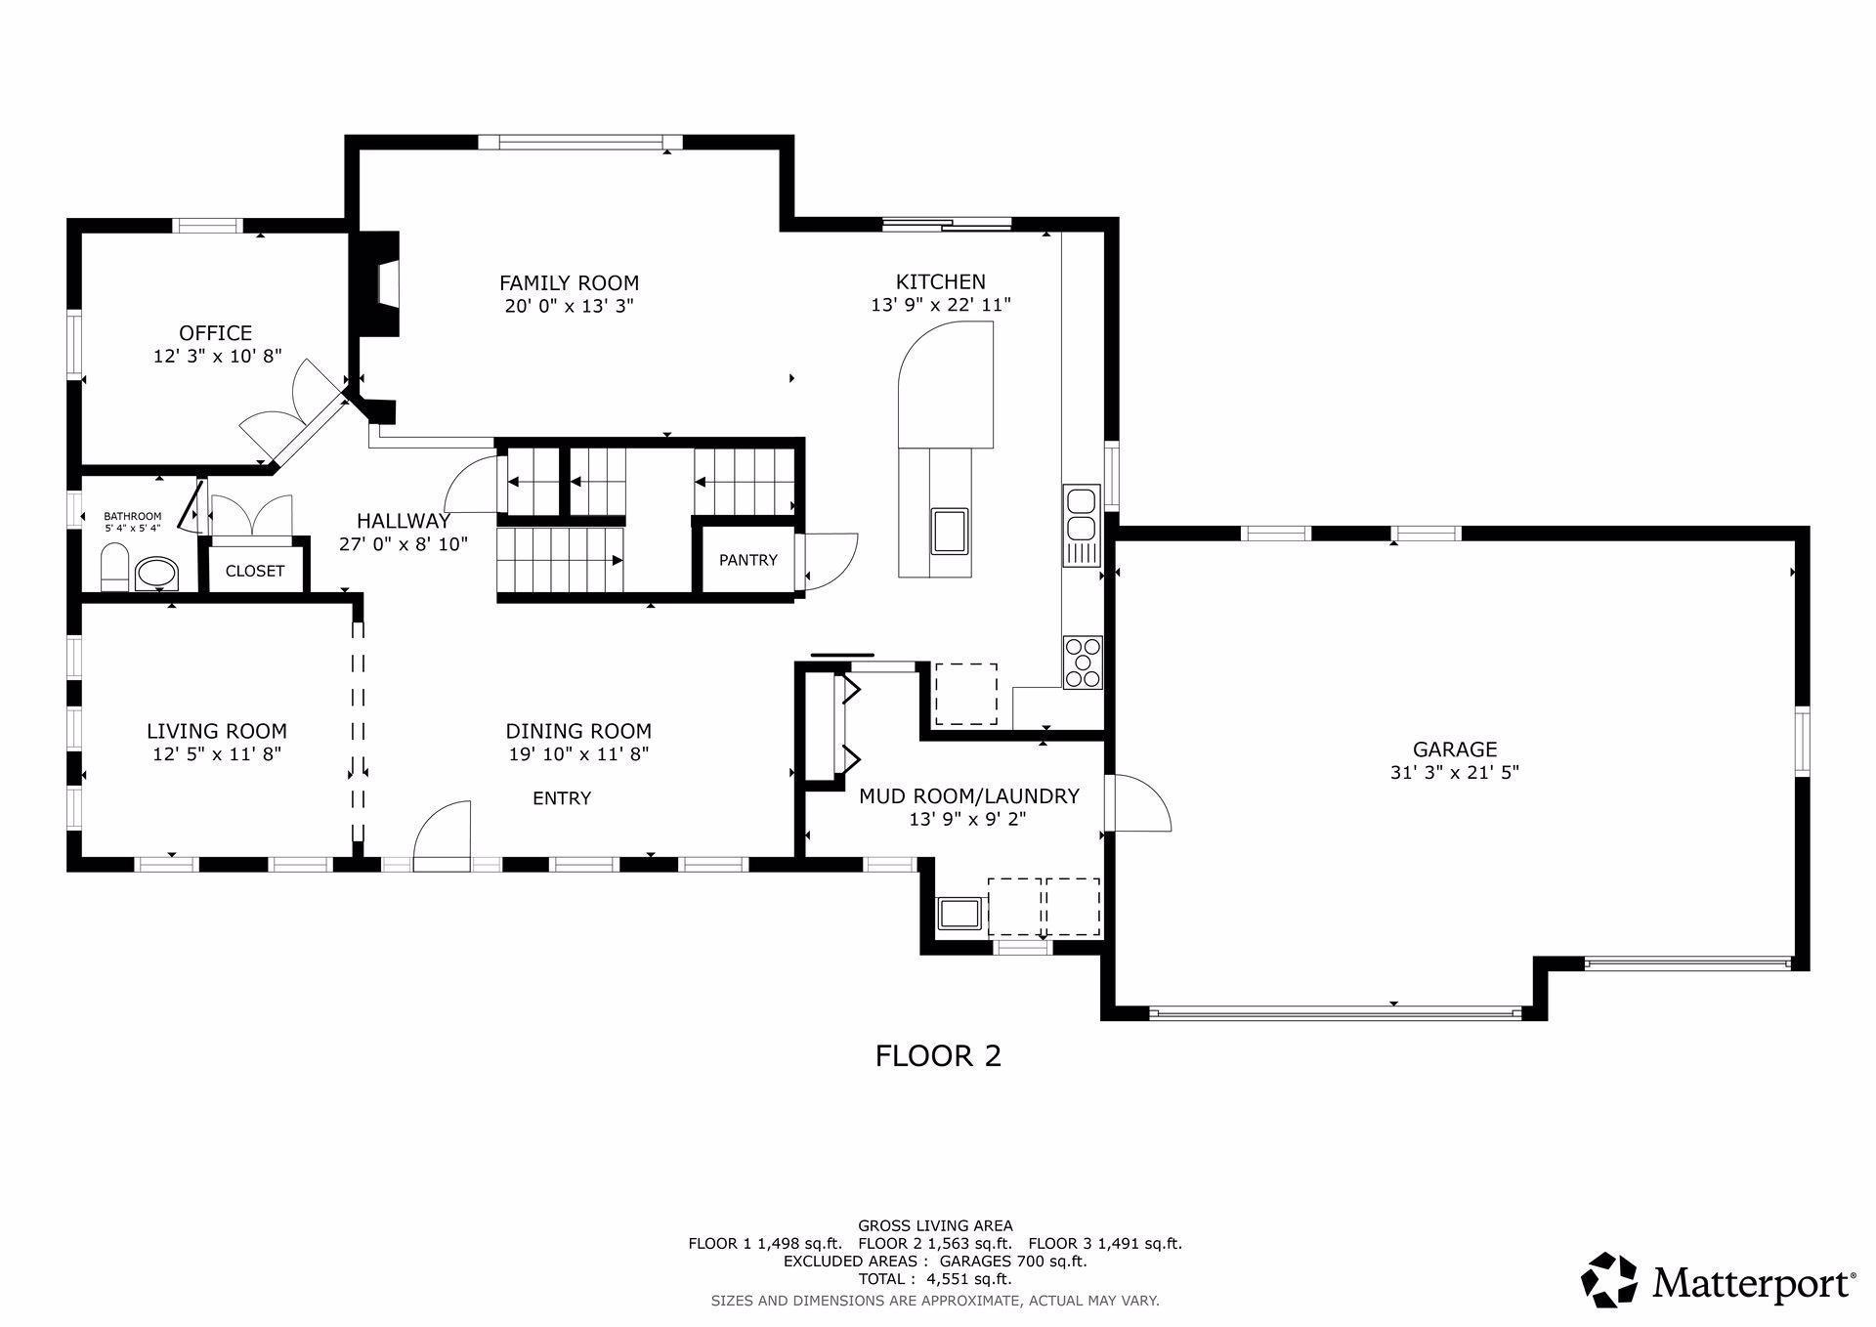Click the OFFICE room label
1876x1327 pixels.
click(x=215, y=333)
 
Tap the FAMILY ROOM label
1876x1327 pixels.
click(x=569, y=283)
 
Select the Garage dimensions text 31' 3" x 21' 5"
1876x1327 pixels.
click(x=1455, y=772)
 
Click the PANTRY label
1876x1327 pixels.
click(x=748, y=560)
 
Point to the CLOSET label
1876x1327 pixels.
click(x=255, y=571)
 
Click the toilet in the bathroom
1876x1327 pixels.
click(x=114, y=569)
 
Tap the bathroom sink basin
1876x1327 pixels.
click(x=156, y=574)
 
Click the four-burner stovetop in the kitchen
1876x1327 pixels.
click(x=1083, y=663)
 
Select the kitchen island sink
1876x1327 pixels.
click(x=950, y=531)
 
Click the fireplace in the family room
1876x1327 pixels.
click(x=376, y=284)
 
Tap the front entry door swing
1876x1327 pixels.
click(x=442, y=836)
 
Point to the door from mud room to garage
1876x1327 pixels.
click(x=1138, y=803)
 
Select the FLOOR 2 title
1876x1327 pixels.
click(x=938, y=1055)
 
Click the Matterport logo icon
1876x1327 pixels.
click(x=1609, y=1279)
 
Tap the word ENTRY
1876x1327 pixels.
click(x=562, y=798)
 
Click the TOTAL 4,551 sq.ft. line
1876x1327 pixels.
click(x=935, y=1278)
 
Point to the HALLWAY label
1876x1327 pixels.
click(x=404, y=521)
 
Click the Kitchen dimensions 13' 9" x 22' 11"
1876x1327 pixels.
click(x=941, y=305)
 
